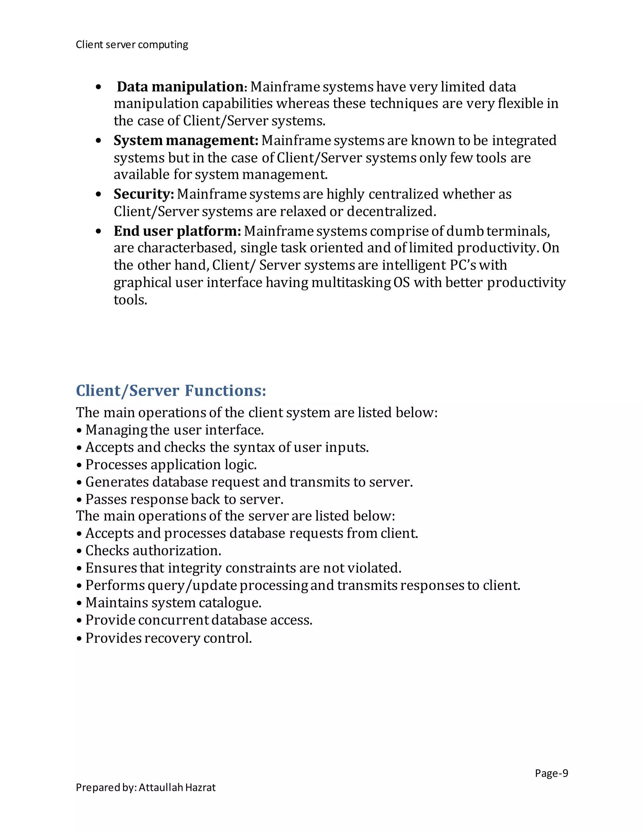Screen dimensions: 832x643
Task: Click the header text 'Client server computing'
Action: pos(132,45)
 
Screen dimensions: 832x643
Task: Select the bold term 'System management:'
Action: pos(186,141)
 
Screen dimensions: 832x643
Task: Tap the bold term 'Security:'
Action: pos(143,194)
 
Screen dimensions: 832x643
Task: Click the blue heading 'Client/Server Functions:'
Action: pos(171,391)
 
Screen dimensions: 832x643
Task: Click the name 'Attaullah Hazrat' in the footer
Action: pos(177,787)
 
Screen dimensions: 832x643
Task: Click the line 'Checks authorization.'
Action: pos(153,550)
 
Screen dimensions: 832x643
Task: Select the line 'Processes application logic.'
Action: pos(171,464)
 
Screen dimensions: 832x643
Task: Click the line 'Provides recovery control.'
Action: pos(168,638)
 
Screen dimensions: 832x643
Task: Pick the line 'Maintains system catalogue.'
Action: pos(173,603)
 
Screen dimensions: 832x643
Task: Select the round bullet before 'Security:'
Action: pos(99,195)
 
